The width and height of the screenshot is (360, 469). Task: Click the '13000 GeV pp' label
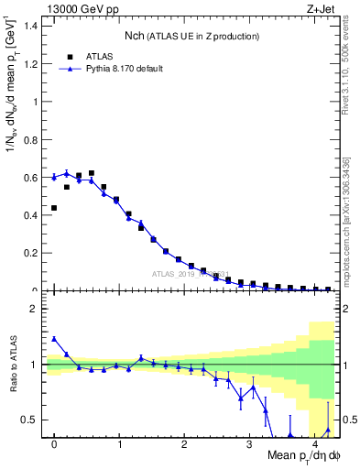[x=75, y=8]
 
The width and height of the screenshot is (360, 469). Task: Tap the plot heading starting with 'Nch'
[x=191, y=36]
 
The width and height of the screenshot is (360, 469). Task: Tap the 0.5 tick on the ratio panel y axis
[x=33, y=420]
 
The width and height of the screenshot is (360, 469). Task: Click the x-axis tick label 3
[x=250, y=445]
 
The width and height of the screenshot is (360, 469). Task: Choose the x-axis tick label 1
[x=119, y=445]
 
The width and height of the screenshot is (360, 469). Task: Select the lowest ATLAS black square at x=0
[x=54, y=208]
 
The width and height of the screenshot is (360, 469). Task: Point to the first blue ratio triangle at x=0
[x=54, y=339]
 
